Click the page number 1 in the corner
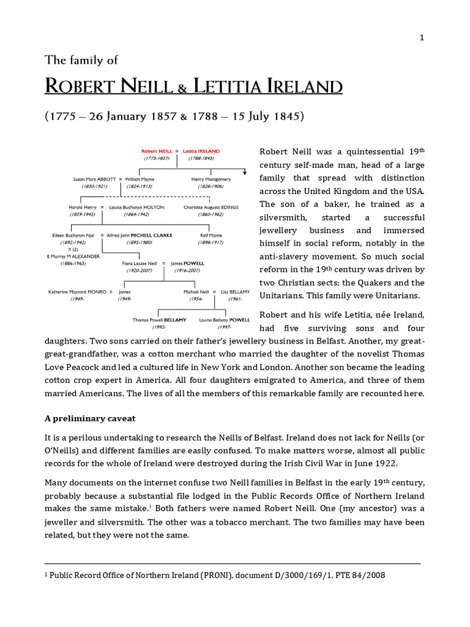click(x=421, y=38)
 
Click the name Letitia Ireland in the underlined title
click(x=268, y=86)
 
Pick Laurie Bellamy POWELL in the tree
click(x=225, y=320)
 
